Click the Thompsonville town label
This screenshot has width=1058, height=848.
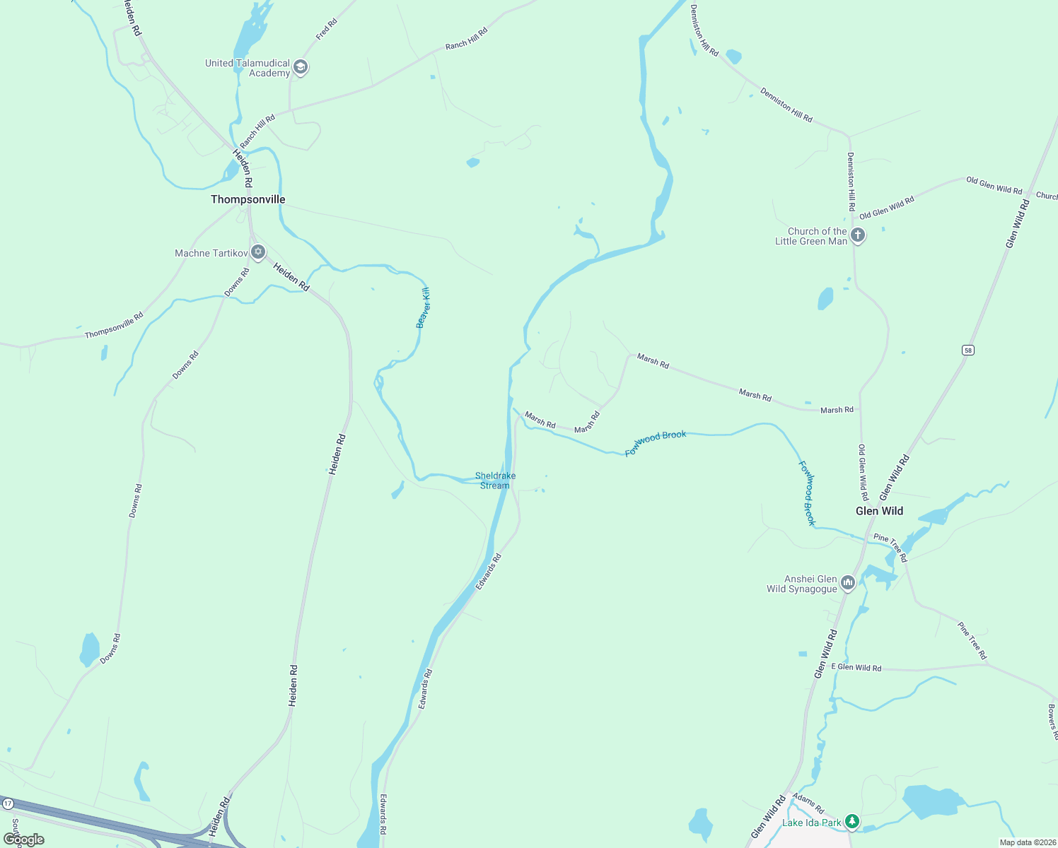(248, 199)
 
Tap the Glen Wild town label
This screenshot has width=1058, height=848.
(879, 511)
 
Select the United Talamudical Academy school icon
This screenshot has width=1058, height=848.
(301, 68)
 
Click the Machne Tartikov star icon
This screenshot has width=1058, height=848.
(258, 252)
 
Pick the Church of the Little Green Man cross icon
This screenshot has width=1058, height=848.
(858, 235)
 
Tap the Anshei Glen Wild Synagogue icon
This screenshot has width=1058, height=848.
(848, 583)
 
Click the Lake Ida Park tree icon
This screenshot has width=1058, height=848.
(852, 821)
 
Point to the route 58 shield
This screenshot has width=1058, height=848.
(967, 350)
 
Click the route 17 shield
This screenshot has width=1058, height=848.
(8, 804)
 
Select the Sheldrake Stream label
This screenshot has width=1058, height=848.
(495, 481)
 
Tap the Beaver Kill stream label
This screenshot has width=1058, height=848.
(423, 307)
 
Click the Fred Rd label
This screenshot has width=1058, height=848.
(327, 29)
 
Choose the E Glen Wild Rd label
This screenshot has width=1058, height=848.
(856, 667)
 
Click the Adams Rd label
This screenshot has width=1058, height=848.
(808, 803)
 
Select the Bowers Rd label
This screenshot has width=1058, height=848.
(1052, 721)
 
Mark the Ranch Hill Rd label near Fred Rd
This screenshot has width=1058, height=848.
(466, 39)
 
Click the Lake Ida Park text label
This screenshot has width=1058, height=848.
(811, 823)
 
